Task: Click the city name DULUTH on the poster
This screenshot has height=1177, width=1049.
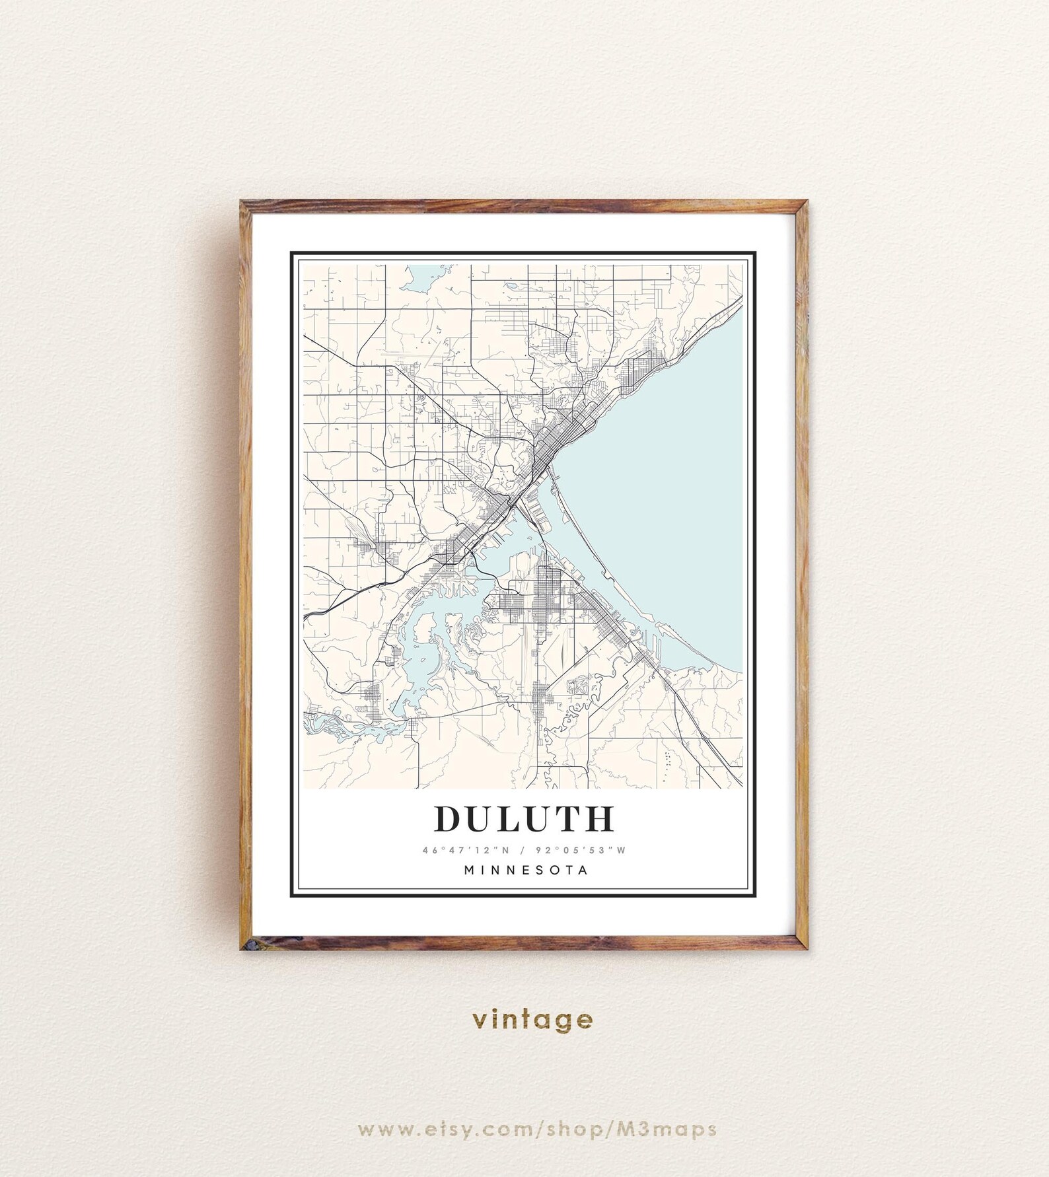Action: point(524,819)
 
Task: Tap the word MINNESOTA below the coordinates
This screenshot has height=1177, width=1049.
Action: point(526,870)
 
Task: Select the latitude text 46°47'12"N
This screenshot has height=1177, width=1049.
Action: point(460,850)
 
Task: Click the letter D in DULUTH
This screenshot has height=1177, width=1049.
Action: point(449,819)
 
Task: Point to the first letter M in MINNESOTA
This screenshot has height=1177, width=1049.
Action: point(469,870)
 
